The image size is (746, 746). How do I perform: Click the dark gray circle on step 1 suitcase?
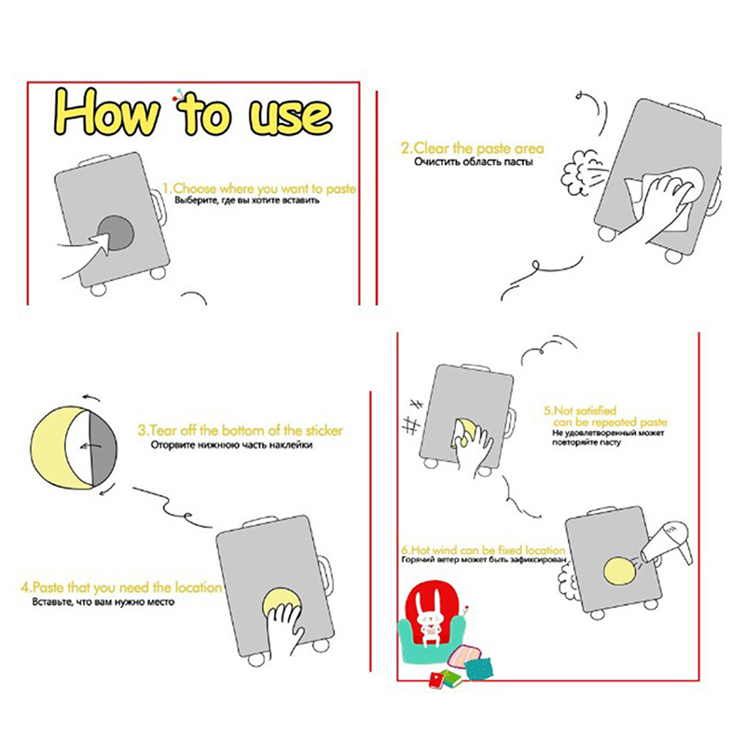point(117,232)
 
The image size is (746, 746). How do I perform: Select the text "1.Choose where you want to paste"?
point(259,188)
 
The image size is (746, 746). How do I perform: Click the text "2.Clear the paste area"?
point(472,148)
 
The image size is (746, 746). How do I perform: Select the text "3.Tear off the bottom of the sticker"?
point(241,431)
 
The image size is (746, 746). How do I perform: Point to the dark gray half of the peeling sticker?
point(104,449)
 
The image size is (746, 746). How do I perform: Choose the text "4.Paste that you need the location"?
point(121,587)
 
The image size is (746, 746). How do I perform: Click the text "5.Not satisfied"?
point(580,410)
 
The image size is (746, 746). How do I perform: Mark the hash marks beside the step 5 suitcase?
point(413,417)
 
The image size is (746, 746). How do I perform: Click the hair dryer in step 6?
point(667,544)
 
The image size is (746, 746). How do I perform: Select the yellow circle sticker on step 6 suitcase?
point(620,571)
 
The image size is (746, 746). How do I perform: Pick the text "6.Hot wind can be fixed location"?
point(483,550)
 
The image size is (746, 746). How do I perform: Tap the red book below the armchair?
point(436,680)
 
